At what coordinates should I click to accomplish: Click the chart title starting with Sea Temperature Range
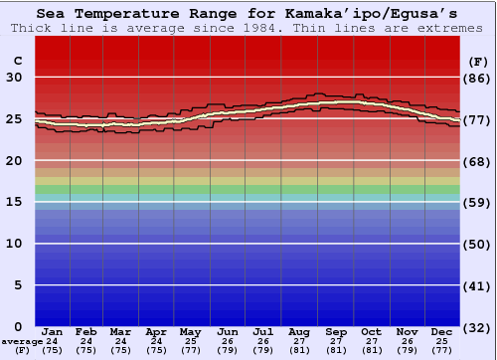click(x=248, y=14)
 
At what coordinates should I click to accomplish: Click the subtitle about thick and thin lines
click(x=248, y=28)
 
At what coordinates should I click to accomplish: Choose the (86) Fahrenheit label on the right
click(x=477, y=78)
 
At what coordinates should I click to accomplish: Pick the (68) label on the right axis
click(x=477, y=161)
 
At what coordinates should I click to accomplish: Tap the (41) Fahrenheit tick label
click(x=477, y=285)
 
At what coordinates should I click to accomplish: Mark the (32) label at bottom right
click(x=477, y=327)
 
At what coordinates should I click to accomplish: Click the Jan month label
click(x=53, y=331)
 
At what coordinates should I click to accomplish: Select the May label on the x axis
click(x=190, y=331)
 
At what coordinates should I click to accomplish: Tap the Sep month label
click(x=335, y=331)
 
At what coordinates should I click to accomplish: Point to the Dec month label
click(x=442, y=331)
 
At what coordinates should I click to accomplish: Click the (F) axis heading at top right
click(x=477, y=61)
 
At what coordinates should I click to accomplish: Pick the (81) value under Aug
click(x=299, y=350)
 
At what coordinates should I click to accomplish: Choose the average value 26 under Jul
click(x=263, y=341)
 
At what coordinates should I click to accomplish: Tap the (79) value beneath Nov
click(x=407, y=350)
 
